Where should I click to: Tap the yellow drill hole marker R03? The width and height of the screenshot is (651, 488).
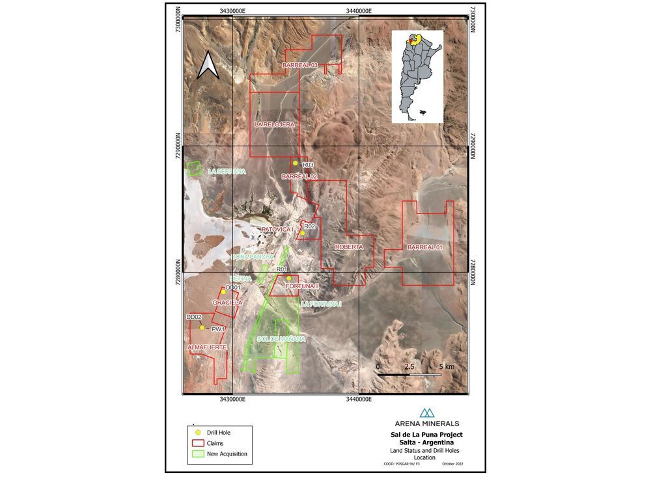click(295, 163)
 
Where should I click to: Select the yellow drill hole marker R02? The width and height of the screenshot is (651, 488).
click(302, 233)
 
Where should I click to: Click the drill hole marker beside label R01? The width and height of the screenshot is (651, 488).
click(288, 278)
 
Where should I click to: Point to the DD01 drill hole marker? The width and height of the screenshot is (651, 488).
click(223, 292)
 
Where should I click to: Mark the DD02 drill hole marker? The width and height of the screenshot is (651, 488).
click(202, 328)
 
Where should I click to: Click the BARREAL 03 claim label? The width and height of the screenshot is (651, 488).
click(299, 66)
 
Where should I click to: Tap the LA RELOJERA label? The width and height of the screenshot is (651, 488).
click(275, 124)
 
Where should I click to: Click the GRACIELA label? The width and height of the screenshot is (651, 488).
click(228, 303)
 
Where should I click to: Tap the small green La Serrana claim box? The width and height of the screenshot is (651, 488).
click(194, 169)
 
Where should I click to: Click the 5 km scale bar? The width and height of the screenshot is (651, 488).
click(411, 374)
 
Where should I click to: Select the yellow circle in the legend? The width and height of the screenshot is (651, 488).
click(198, 432)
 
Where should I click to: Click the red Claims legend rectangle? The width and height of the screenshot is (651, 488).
click(198, 442)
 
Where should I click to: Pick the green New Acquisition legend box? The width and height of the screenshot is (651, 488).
click(198, 454)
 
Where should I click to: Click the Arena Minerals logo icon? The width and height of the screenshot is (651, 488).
click(427, 413)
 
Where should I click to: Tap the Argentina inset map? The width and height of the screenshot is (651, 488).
click(417, 77)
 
